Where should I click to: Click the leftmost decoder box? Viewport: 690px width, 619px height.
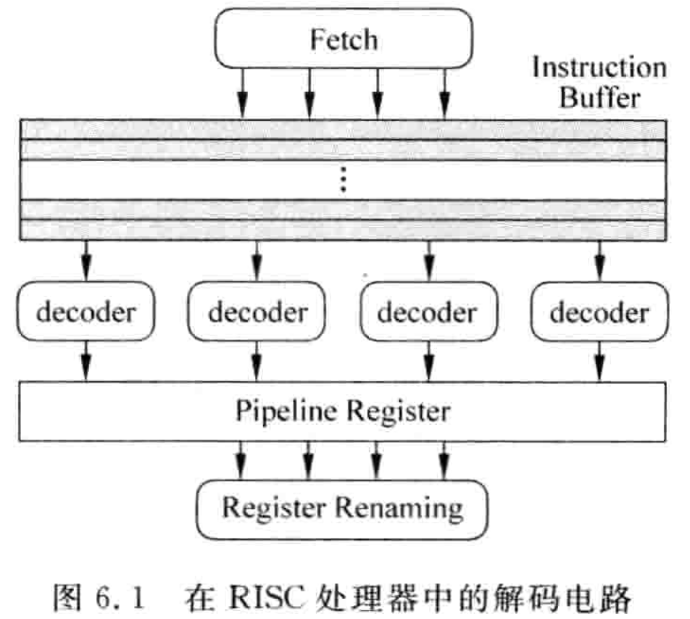pos(86,313)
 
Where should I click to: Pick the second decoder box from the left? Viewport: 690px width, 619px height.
pos(257,313)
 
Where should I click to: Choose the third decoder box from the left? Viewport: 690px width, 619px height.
pos(428,313)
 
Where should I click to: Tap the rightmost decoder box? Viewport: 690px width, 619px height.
pos(599,313)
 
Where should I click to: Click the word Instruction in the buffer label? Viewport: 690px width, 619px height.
pos(599,67)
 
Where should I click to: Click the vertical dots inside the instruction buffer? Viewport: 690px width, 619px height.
pos(344,180)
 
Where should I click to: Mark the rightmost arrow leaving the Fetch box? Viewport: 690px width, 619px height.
pos(444,93)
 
